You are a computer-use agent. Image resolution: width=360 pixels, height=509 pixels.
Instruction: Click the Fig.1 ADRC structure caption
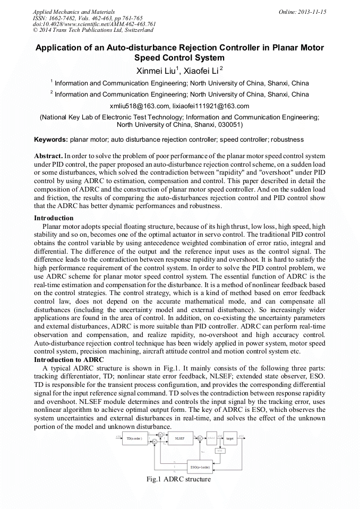tap(178, 479)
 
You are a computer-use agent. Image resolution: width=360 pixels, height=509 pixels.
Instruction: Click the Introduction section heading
tap(54, 218)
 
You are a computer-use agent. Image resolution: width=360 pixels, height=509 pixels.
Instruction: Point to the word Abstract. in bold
tap(48, 157)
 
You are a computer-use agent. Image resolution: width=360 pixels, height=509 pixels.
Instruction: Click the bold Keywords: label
tap(51, 140)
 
